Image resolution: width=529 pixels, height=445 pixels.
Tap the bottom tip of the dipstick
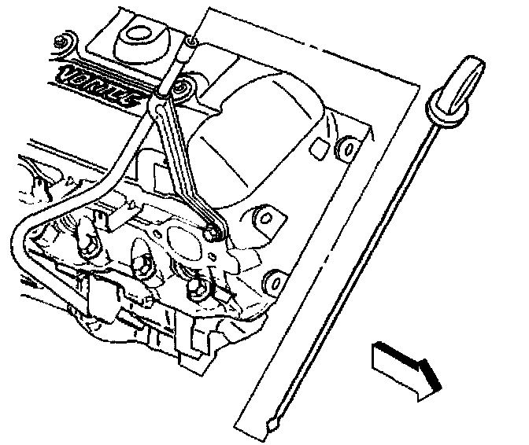pyautogui.click(x=273, y=425)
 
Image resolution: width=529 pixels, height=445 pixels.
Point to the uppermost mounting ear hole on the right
pyautogui.click(x=344, y=146)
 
